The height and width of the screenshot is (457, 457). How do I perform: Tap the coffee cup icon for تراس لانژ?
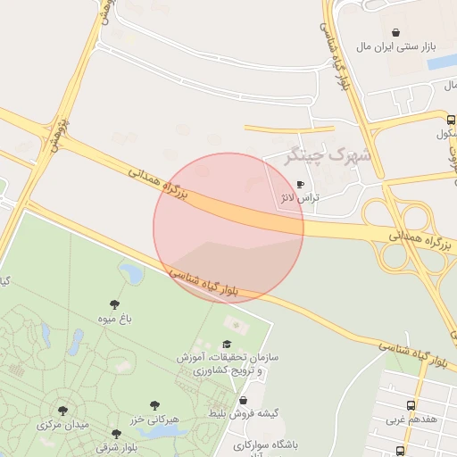[300, 185]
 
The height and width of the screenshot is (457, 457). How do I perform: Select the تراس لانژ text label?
[300, 198]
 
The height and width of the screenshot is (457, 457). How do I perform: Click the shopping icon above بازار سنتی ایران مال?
[396, 32]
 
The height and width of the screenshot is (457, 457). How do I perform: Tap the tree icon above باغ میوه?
[114, 303]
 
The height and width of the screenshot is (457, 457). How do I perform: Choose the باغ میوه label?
[113, 318]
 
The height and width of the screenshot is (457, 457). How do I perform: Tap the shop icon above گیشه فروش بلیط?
[244, 401]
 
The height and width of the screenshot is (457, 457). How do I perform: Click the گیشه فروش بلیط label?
[244, 413]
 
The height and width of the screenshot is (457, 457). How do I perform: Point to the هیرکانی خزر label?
[155, 419]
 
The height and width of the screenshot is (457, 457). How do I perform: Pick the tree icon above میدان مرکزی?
[62, 411]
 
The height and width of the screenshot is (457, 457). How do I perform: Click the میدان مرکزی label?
[62, 425]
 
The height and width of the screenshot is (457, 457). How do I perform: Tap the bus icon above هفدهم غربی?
[411, 404]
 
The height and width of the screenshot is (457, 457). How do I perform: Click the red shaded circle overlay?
[228, 228]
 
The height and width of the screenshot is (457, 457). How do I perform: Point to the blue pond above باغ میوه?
[132, 270]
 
